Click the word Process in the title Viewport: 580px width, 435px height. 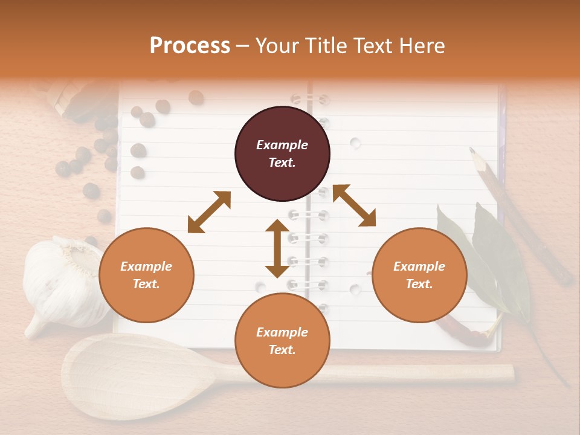[190, 46]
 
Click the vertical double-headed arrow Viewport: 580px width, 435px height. [277, 248]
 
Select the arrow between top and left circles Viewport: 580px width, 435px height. [209, 212]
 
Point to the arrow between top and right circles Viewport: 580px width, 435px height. [354, 205]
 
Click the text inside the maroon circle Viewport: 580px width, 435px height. [282, 154]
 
